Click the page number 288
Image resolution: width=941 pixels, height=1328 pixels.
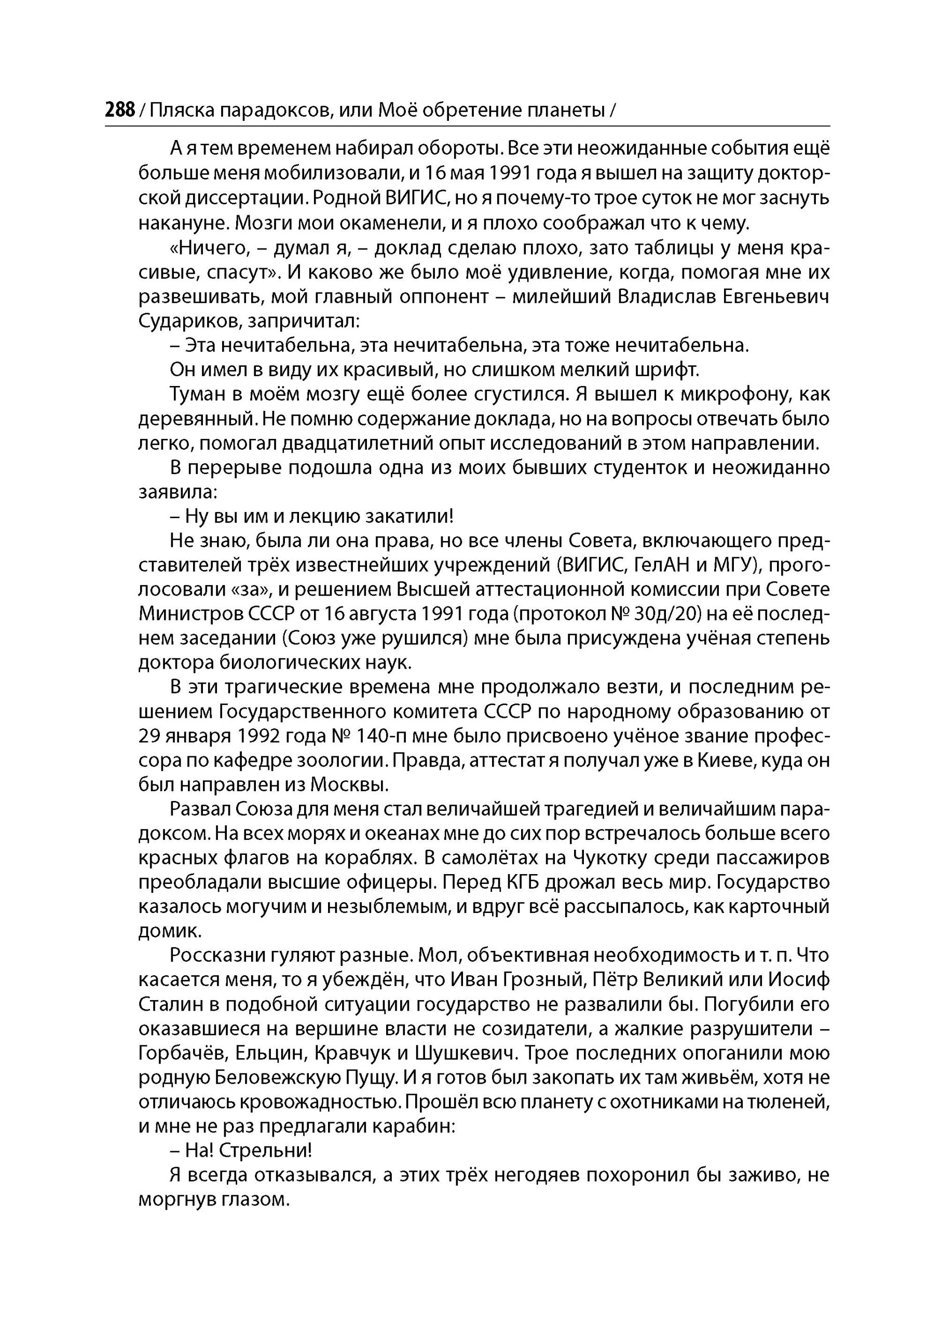click(119, 109)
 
